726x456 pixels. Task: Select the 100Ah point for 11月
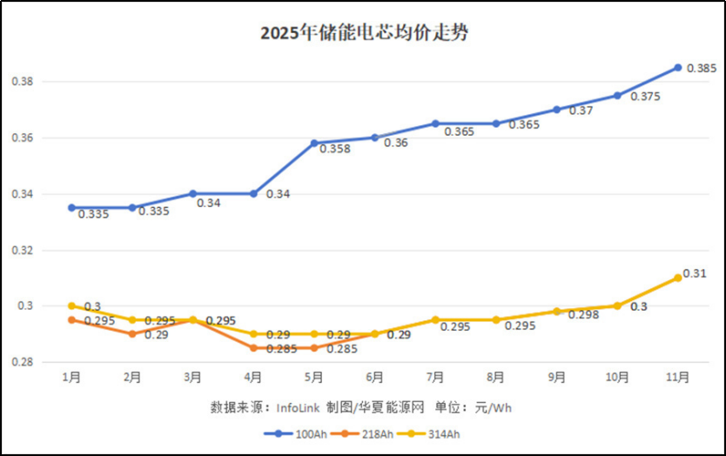(x=677, y=67)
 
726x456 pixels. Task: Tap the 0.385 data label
(x=702, y=68)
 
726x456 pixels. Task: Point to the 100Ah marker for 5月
(x=314, y=143)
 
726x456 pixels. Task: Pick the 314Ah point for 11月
(x=677, y=278)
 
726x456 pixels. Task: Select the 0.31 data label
(x=695, y=273)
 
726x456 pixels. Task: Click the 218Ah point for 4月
(x=253, y=348)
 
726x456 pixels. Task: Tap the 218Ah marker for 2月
(x=131, y=334)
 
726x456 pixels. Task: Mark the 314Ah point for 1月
(x=71, y=305)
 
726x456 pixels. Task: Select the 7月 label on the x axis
(x=435, y=378)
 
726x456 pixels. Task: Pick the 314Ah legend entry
(x=439, y=433)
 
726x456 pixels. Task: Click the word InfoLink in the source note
(x=299, y=407)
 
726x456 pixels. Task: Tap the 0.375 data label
(x=644, y=97)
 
